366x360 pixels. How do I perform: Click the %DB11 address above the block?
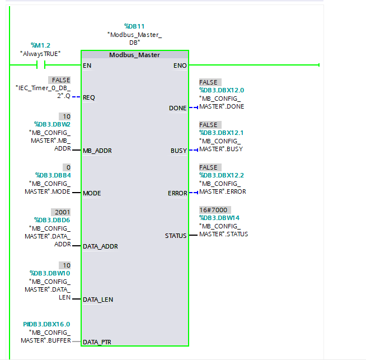134,26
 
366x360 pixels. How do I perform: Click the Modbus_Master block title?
134,55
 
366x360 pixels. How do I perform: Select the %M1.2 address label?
40,45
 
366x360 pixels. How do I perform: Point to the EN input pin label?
87,66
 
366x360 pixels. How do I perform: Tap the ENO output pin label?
180,66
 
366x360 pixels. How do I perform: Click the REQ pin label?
89,97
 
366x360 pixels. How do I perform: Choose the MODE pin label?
92,193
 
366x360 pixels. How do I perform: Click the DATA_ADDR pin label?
100,246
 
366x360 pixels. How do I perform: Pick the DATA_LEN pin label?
98,300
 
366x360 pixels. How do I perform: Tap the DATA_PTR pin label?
98,342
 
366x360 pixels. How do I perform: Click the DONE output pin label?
177,108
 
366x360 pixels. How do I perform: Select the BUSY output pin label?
179,151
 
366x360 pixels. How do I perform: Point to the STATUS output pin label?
176,236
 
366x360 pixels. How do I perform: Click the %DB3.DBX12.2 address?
222,175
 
